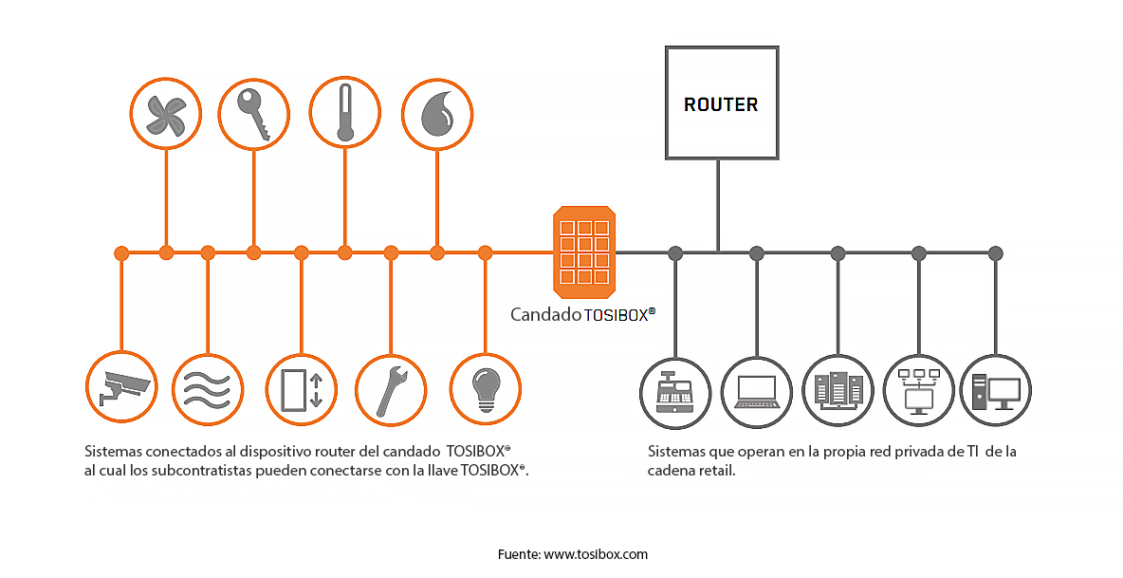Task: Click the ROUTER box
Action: pyautogui.click(x=721, y=103)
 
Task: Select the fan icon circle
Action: pyautogui.click(x=166, y=113)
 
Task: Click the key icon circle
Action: pyautogui.click(x=253, y=113)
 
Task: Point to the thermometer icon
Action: pyautogui.click(x=345, y=113)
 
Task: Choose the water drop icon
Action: pyautogui.click(x=436, y=113)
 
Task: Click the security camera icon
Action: pyautogui.click(x=120, y=388)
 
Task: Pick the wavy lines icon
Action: pyautogui.click(x=208, y=388)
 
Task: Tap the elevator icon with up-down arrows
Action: pyautogui.click(x=301, y=388)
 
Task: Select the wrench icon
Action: pyautogui.click(x=391, y=388)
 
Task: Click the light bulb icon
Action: pyautogui.click(x=485, y=388)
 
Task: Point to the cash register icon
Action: pyautogui.click(x=675, y=389)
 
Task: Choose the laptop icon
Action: pyautogui.click(x=756, y=389)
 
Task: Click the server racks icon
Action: pyautogui.click(x=838, y=389)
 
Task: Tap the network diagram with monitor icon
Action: pyautogui.click(x=918, y=389)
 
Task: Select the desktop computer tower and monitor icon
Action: pyautogui.click(x=995, y=389)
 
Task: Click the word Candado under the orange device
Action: pyautogui.click(x=545, y=314)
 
